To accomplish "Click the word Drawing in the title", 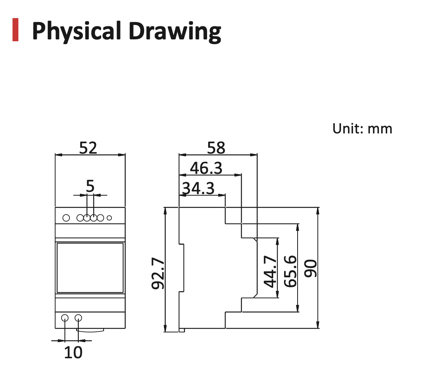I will (175, 31).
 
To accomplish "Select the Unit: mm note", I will (362, 129).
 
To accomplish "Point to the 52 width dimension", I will (88, 148).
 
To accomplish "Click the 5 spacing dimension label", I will (90, 187).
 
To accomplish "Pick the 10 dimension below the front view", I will (73, 353).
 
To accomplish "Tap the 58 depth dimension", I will (216, 148).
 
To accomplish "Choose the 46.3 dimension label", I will (206, 168).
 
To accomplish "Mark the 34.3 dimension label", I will (198, 188).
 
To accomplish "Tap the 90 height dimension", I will (311, 268).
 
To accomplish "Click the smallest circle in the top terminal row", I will (109, 218).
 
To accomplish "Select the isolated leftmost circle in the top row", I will (66, 218).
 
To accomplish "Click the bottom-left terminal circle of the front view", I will (65, 318).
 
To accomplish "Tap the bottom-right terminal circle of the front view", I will (78, 318).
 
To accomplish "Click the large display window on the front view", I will (90, 268).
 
